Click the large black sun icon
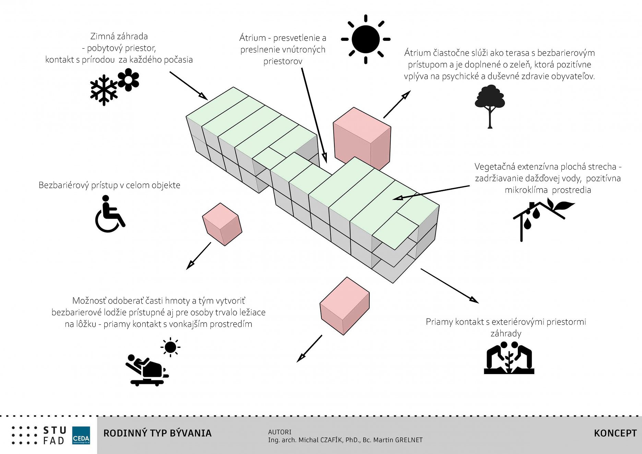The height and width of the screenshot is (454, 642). coord(366,39)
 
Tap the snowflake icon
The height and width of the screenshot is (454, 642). coord(104,90)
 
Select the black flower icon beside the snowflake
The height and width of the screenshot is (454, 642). coord(128,80)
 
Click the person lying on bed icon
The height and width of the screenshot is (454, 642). coord(147,370)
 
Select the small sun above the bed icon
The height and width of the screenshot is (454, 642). coord(170,347)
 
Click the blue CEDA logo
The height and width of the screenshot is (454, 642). coord(81,435)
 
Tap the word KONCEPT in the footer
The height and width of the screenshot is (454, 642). coord(615,433)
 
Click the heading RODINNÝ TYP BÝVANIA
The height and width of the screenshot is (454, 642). coord(157,433)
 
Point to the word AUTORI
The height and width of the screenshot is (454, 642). coord(280,432)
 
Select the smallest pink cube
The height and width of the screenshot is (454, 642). coord(222,224)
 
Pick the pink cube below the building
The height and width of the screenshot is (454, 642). coord(344,306)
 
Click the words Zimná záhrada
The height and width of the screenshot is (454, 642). coord(119,36)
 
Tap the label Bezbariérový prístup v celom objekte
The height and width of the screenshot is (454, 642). coord(109,185)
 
